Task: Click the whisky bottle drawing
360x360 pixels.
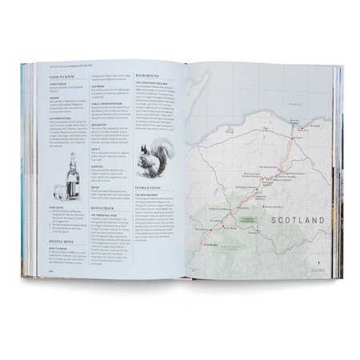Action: click(x=74, y=174)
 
